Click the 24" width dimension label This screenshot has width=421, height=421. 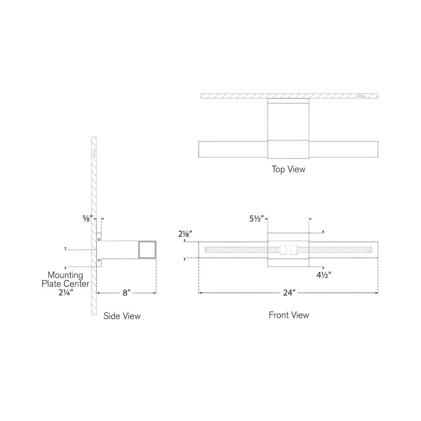(289, 293)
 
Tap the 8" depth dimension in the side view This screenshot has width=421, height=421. (126, 293)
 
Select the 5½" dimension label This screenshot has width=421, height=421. (257, 218)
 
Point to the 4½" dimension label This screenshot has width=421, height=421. (323, 275)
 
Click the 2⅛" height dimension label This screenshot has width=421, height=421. (185, 234)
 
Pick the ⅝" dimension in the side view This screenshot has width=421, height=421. (88, 218)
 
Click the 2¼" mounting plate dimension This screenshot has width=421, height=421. (66, 292)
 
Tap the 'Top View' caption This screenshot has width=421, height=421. (288, 169)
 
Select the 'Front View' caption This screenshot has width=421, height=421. (289, 315)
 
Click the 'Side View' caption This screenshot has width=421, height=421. (122, 316)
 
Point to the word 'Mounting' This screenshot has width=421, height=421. (65, 275)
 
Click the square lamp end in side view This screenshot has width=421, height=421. (147, 250)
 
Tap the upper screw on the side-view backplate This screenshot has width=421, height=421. (99, 239)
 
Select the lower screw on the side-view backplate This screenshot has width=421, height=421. (99, 260)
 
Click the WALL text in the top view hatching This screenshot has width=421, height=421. (362, 96)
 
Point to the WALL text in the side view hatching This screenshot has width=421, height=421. (94, 154)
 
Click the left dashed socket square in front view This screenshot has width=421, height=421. (283, 250)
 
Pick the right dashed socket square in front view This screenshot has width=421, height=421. (293, 250)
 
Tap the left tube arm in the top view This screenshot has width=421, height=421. (233, 149)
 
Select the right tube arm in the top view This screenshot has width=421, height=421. (344, 149)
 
